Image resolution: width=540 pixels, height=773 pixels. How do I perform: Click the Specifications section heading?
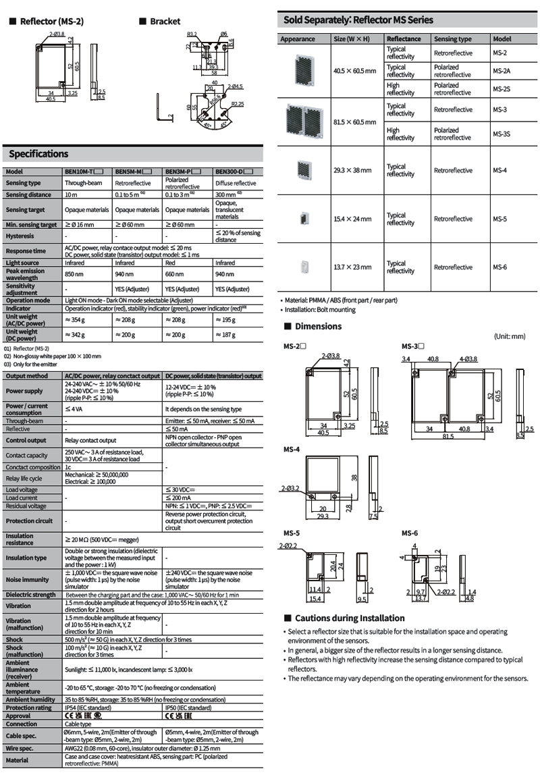pyautogui.click(x=38, y=154)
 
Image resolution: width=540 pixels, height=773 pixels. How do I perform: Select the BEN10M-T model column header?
pyautogui.click(x=87, y=171)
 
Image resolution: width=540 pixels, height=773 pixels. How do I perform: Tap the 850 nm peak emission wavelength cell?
pyautogui.click(x=74, y=275)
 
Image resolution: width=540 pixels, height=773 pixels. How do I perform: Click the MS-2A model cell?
pyautogui.click(x=501, y=71)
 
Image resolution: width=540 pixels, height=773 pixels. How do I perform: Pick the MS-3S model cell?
pyautogui.click(x=501, y=134)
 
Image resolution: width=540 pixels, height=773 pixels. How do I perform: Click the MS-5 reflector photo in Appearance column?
pyautogui.click(x=305, y=219)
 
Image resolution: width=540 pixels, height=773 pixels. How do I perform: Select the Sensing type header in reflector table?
pyautogui.click(x=453, y=39)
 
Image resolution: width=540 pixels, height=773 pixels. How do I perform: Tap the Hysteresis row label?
pyautogui.click(x=20, y=236)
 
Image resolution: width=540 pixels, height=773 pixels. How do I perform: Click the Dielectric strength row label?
pyautogui.click(x=31, y=594)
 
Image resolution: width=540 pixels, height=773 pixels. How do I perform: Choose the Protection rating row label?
pyautogui.click(x=29, y=708)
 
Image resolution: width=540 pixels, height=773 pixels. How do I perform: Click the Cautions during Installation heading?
pyautogui.click(x=350, y=618)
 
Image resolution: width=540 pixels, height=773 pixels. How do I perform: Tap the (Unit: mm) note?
pyautogui.click(x=509, y=336)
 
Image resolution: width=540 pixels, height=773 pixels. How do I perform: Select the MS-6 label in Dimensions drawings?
pyautogui.click(x=410, y=533)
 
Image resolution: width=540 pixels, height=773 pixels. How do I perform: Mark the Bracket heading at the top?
pyautogui.click(x=165, y=22)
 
